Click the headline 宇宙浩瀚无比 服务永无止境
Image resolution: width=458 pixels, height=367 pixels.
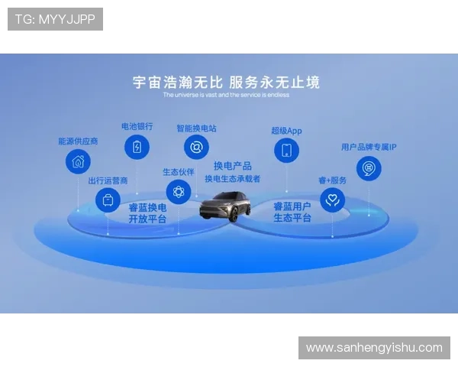pos(226,82)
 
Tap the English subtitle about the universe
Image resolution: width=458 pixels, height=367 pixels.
pos(226,95)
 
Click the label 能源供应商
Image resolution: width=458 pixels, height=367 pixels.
pos(78,141)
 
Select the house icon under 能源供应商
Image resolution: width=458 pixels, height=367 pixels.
pos(78,161)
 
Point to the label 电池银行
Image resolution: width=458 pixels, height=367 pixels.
pos(137,126)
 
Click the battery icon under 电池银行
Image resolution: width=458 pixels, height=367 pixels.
pos(137,147)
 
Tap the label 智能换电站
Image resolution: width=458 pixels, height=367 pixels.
pos(196,128)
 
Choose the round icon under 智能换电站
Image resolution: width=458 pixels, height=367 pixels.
pos(196,148)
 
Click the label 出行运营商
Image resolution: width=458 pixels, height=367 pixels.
pos(108,181)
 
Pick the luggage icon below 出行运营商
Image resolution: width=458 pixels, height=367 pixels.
pos(108,201)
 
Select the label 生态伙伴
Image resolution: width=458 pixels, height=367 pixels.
pos(179,172)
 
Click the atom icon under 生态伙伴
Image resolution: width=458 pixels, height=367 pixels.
pos(179,192)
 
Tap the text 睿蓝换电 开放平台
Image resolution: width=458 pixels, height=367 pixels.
pos(147,213)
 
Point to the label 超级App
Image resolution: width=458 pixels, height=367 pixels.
pos(286,131)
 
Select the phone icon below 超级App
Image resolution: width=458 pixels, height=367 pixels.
pos(286,150)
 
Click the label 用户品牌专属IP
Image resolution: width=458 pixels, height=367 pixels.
pos(369,147)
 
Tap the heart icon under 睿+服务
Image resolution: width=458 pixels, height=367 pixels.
pos(332,201)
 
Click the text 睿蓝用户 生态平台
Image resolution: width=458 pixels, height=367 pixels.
pos(292,212)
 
